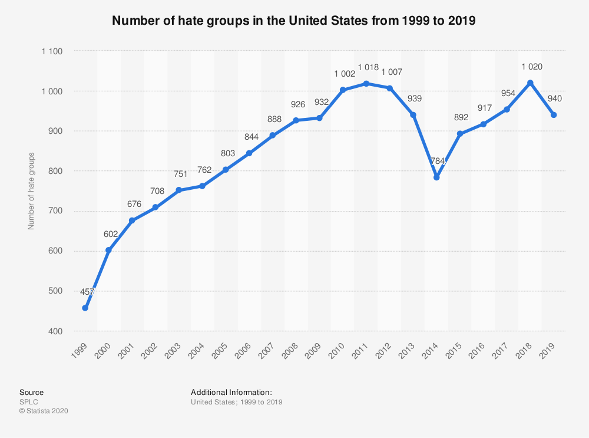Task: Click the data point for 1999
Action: click(85, 308)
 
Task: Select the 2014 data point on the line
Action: click(436, 177)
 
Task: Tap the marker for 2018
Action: click(530, 83)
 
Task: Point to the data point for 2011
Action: click(366, 83)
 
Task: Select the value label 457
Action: click(87, 292)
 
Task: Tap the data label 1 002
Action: click(344, 74)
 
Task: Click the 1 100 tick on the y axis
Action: click(52, 51)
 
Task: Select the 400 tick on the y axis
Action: click(55, 331)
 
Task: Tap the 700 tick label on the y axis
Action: click(55, 211)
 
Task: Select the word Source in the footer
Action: click(31, 392)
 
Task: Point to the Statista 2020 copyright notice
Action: click(44, 411)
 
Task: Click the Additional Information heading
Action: click(231, 392)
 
